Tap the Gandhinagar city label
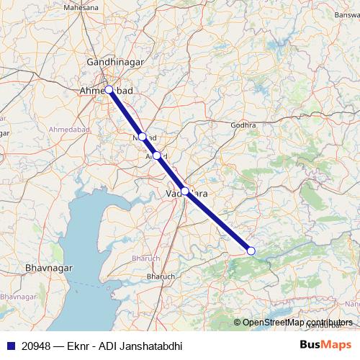click(x=114, y=63)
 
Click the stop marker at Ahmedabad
click(x=109, y=90)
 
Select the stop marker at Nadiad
click(x=143, y=136)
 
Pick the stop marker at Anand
click(x=157, y=155)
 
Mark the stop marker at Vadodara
click(x=185, y=191)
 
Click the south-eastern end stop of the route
click(x=251, y=251)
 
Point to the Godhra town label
click(x=243, y=125)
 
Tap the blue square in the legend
click(x=9, y=346)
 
